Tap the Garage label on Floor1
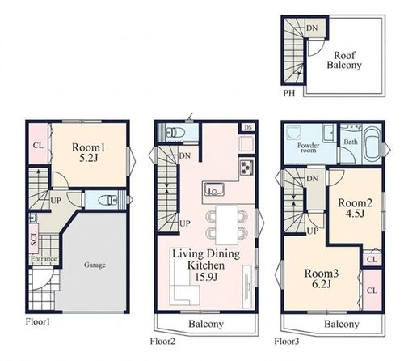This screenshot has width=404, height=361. [x=95, y=265]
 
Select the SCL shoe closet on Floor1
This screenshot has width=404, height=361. [x=34, y=239]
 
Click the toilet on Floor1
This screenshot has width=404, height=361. [x=107, y=200]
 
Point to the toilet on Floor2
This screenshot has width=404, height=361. [x=175, y=133]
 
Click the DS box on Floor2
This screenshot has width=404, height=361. [x=248, y=127]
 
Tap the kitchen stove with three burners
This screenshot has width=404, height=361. [x=246, y=167]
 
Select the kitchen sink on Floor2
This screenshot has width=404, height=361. [x=214, y=189]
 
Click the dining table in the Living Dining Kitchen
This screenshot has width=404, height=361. [x=227, y=225]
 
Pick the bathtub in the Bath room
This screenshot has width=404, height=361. [x=372, y=146]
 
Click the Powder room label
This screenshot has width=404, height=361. [x=309, y=147]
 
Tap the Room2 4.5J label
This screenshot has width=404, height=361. [x=356, y=208]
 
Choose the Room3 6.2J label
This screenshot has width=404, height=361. [x=322, y=278]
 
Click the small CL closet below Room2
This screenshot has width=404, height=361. [x=372, y=259]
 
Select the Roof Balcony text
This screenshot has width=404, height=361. [x=344, y=60]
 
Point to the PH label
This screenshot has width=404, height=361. [x=289, y=93]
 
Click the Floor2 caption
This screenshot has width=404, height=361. [x=162, y=342]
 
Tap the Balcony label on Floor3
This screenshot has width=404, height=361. [x=342, y=324]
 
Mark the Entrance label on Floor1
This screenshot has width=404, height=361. [x=44, y=259]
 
